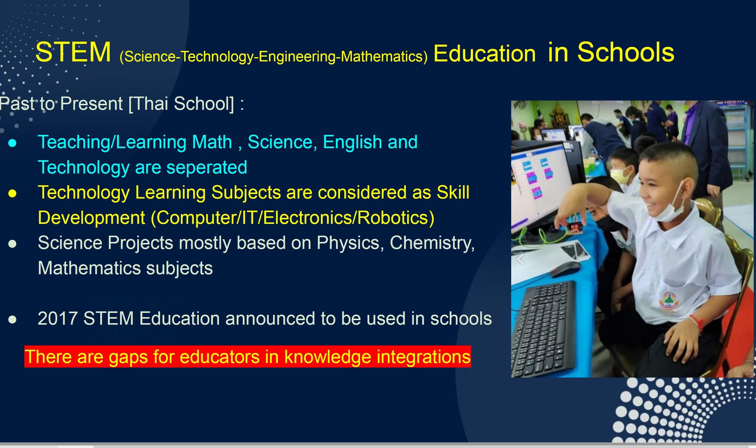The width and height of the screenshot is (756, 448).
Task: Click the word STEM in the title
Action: (73, 52)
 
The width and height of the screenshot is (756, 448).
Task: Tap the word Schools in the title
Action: (626, 52)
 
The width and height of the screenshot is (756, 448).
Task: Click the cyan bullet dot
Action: (13, 143)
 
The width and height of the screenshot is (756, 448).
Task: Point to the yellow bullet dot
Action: (13, 194)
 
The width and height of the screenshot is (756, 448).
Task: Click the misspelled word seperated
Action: (207, 167)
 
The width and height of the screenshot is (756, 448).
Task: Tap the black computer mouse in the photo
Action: (565, 269)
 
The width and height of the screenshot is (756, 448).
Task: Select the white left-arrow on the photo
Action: (520, 259)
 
